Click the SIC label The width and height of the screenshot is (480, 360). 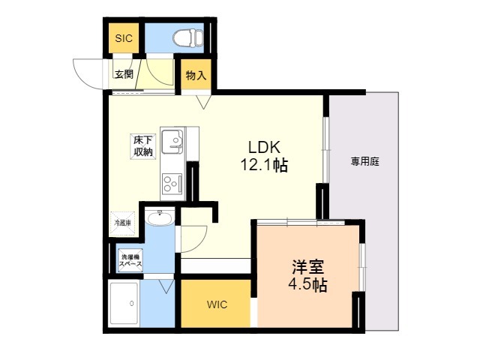[124, 38]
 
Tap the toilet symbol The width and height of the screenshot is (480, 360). [188, 38]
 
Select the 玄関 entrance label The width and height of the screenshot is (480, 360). [124, 74]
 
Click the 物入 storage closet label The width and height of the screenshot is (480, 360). [196, 75]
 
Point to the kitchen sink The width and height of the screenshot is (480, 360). [172, 142]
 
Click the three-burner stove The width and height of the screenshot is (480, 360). [172, 184]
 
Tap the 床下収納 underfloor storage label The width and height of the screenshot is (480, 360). [143, 146]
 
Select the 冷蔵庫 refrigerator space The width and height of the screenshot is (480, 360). [123, 223]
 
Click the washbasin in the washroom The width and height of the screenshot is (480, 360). [160, 218]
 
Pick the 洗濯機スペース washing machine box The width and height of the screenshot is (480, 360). [130, 260]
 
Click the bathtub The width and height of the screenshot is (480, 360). [124, 303]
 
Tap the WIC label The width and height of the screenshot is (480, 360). [217, 304]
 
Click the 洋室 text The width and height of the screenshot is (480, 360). [308, 267]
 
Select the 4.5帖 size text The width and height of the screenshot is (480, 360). [307, 285]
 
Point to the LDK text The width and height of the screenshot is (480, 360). [264, 147]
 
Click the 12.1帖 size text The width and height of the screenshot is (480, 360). [264, 165]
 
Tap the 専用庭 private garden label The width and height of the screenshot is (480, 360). [365, 161]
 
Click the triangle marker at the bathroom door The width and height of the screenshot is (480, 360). [166, 286]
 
